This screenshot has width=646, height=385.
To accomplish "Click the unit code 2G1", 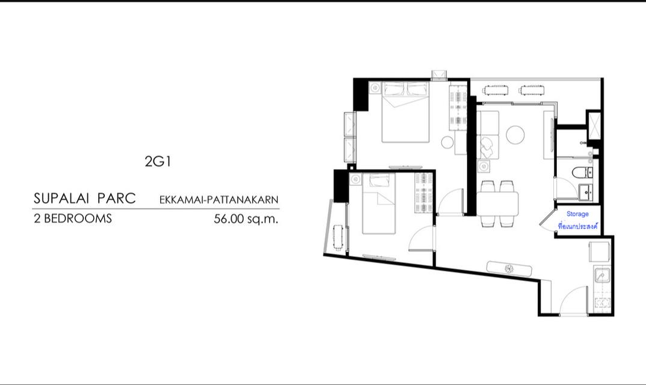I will pyautogui.click(x=158, y=161).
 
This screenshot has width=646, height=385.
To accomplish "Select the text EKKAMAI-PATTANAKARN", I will pyautogui.click(x=219, y=199).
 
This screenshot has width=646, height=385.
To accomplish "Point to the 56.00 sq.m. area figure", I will pyautogui.click(x=246, y=219).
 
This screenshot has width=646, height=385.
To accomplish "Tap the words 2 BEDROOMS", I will pyautogui.click(x=73, y=219).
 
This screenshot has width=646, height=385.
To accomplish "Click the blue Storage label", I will pyautogui.click(x=577, y=214).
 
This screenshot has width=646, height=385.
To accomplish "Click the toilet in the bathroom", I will pyautogui.click(x=582, y=173).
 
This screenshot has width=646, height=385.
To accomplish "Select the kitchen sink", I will pyautogui.click(x=601, y=276).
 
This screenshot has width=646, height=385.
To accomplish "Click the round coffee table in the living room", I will pyautogui.click(x=515, y=134).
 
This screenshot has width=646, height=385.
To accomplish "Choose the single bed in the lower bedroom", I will pyautogui.click(x=379, y=205).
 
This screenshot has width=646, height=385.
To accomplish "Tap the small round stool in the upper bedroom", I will pyautogui.click(x=447, y=142).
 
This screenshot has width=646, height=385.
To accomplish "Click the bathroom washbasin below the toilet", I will pyautogui.click(x=585, y=192).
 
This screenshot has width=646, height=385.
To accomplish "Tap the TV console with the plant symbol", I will pyautogui.click(x=509, y=268).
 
